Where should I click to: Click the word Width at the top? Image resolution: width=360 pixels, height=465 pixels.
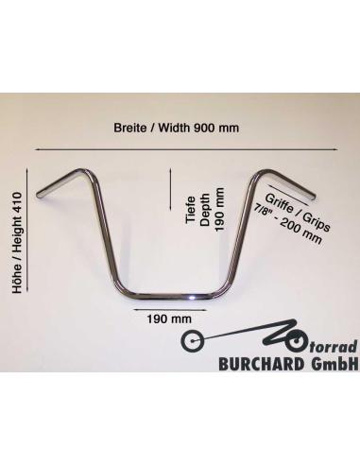pos(174,128)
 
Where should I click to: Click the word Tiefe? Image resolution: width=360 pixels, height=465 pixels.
pos(191,210)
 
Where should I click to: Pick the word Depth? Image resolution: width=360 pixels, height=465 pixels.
pos(205,210)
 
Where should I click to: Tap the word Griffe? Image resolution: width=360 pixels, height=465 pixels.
pos(279,203)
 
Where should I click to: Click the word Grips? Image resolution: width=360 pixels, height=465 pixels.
pos(316,221)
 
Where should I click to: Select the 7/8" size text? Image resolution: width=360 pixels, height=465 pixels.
pos(262,210)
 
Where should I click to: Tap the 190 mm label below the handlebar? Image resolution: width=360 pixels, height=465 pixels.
pos(169,319)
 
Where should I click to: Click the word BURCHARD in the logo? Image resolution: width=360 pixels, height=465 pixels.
pos(262,364)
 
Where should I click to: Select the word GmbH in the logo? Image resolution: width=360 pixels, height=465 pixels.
pos(334,364)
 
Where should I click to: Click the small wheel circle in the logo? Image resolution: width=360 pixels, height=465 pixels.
pos(192,341)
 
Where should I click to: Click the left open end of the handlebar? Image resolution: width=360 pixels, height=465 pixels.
pos(40,195)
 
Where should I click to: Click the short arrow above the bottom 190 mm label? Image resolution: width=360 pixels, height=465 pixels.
pos(170,310)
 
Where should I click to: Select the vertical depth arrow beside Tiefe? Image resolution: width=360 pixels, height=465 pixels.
pos(170,189)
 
